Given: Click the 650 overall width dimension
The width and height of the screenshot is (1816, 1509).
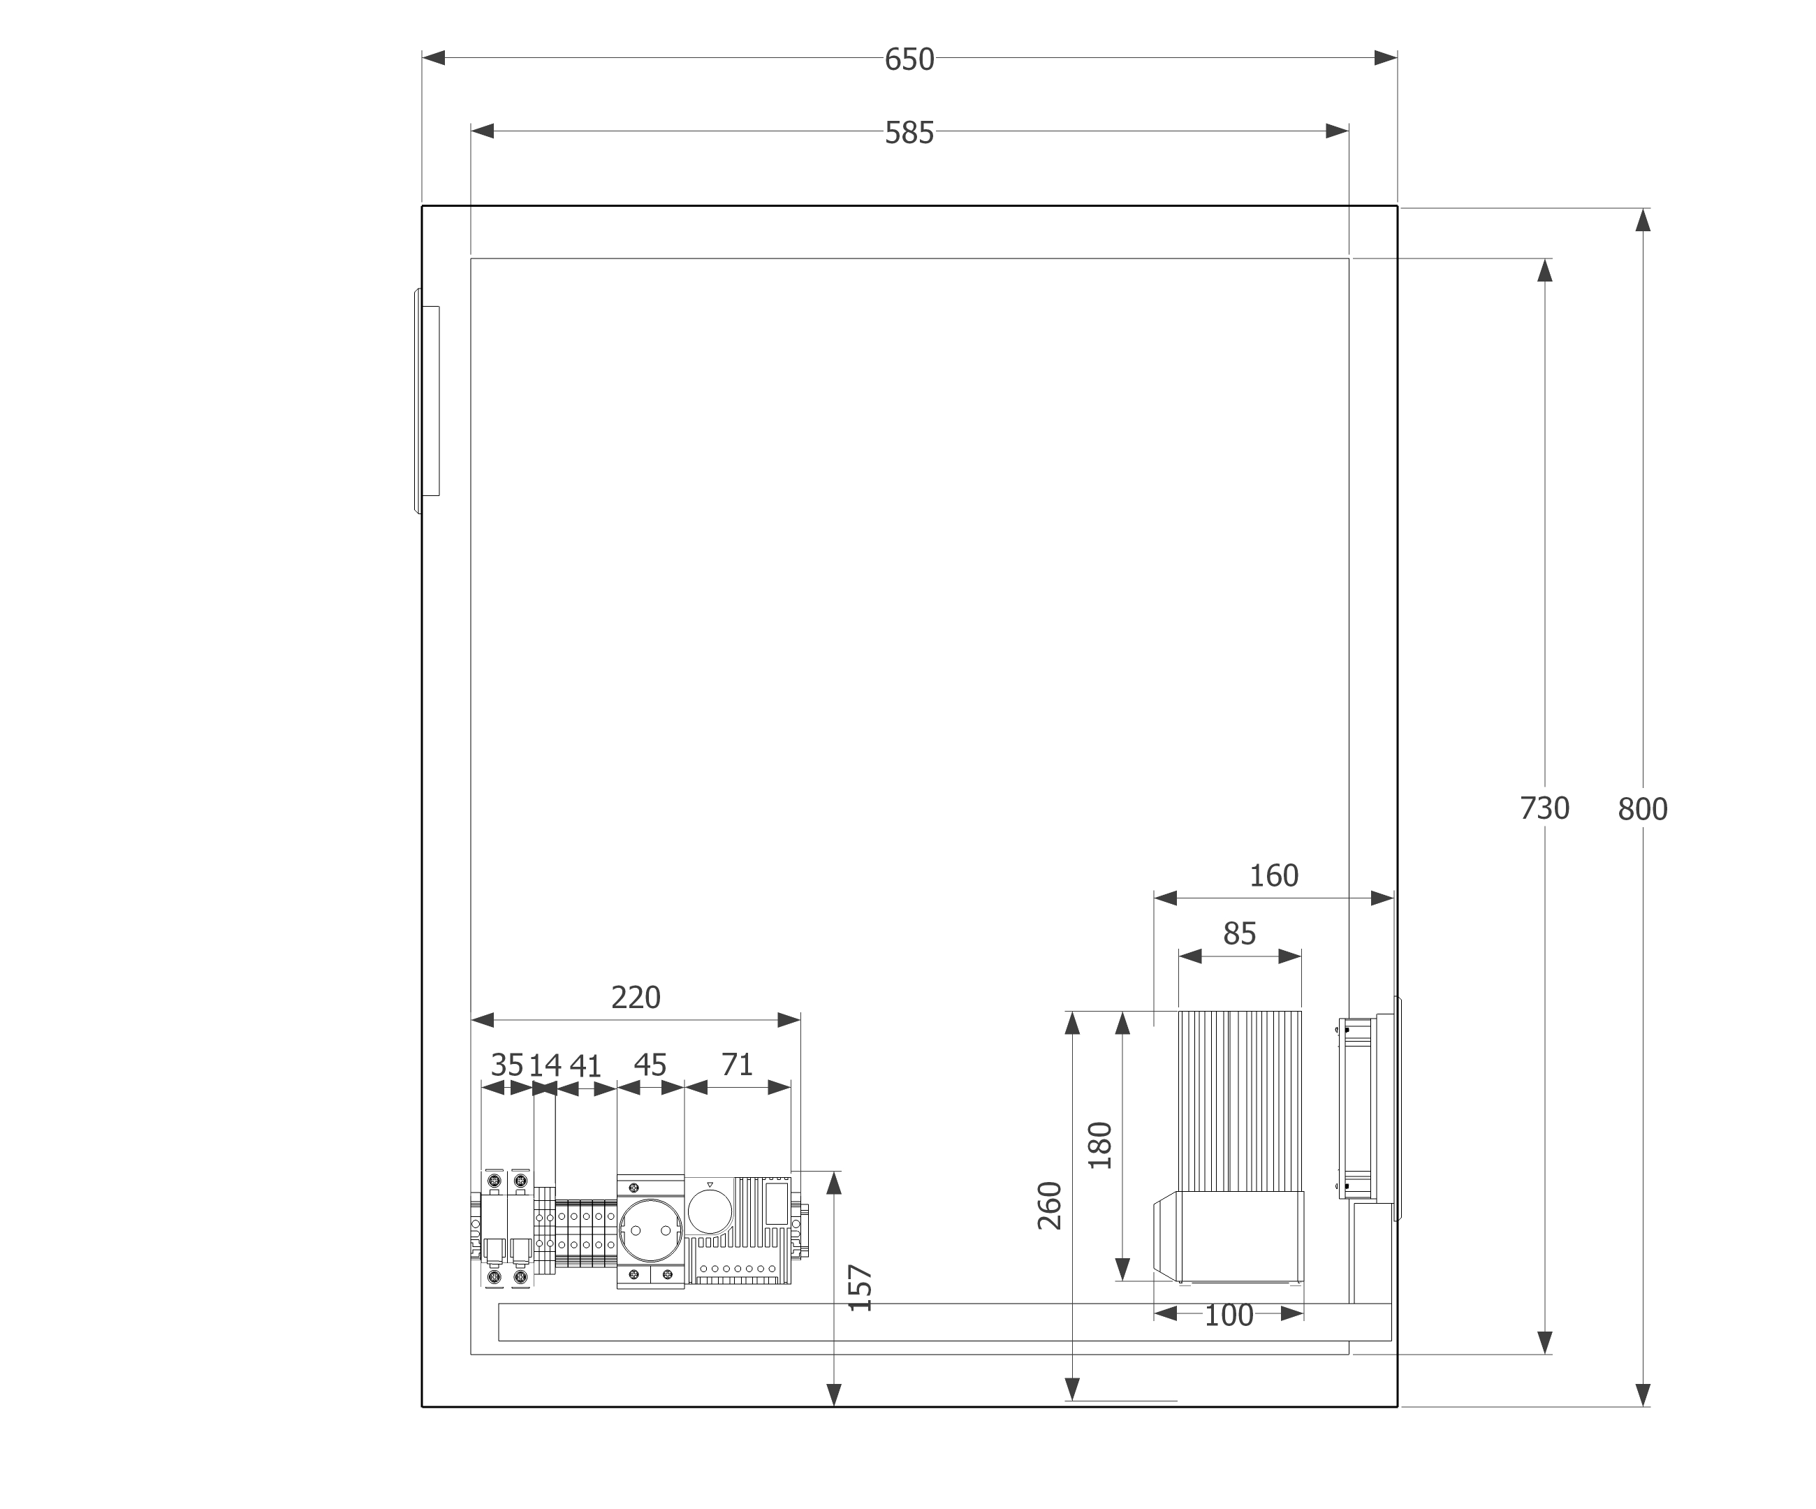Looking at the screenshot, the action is coord(909,59).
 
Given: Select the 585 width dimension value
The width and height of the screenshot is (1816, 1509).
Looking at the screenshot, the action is coord(909,133).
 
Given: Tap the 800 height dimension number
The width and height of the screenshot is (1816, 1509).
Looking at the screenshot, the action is coord(1642,810).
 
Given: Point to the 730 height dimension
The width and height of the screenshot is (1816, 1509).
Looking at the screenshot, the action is coord(1544,808).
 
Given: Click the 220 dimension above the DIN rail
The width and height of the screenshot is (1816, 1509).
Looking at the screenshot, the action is coord(636,998).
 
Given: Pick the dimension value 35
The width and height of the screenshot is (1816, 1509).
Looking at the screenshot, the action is coord(508,1065).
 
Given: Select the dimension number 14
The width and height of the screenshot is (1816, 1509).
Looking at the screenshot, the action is coord(545,1065).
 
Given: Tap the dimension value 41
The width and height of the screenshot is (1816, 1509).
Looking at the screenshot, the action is coord(585,1066).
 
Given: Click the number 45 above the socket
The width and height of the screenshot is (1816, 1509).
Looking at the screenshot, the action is coord(650,1065).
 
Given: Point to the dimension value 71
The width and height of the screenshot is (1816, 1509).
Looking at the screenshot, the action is coord(737,1065).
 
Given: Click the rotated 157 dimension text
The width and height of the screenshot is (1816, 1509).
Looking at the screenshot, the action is coord(860,1288).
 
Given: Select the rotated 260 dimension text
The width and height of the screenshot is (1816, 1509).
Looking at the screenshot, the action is coord(1049,1206).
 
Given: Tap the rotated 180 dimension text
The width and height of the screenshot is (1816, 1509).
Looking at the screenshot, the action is coord(1099,1145).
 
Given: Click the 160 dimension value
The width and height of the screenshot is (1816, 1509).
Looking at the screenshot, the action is coord(1274,876).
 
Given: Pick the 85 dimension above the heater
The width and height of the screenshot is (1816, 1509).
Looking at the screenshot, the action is coord(1239,934).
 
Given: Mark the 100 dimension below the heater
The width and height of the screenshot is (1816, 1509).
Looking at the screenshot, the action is coord(1228,1315).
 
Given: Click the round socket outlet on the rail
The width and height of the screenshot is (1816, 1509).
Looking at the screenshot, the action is coord(650,1230).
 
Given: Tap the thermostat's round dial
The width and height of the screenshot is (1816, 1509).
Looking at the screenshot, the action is coord(710,1211).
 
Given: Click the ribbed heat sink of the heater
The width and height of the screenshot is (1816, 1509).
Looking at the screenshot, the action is coord(1240,1101).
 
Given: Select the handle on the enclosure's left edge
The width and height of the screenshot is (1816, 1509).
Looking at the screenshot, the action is coord(427,401).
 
